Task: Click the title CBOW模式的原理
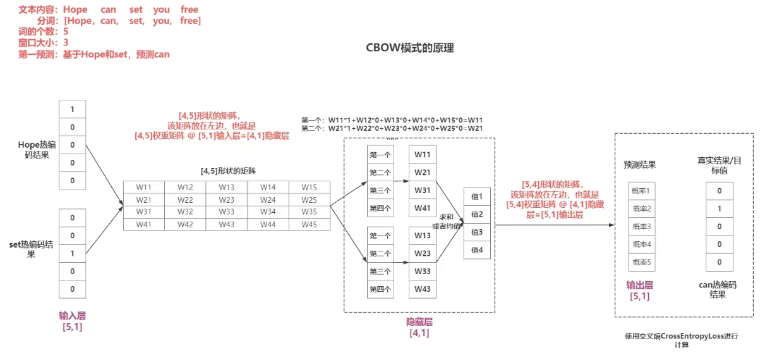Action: [410, 49]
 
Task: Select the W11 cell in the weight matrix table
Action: [143, 188]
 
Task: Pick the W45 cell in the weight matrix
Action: [309, 224]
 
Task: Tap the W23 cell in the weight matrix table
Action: [226, 200]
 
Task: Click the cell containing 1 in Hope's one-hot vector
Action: [72, 109]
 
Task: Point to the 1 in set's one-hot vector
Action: [72, 253]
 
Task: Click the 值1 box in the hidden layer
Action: [476, 196]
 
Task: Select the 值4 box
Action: [476, 249]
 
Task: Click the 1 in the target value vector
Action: [720, 208]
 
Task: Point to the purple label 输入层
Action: [72, 316]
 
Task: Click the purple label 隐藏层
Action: [419, 322]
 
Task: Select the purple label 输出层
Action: [639, 285]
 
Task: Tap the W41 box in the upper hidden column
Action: [422, 208]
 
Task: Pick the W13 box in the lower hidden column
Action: [422, 236]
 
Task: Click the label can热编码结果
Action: [718, 289]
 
